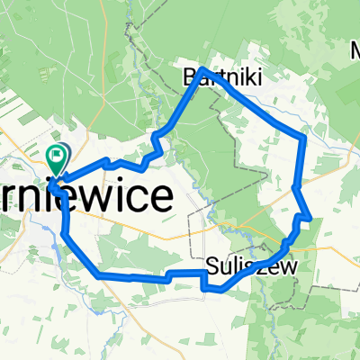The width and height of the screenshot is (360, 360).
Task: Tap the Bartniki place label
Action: (210, 78)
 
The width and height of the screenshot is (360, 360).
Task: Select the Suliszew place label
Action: (238, 266)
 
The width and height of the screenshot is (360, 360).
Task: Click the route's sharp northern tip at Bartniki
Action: (202, 69)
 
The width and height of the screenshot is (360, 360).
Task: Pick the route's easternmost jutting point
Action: (310, 217)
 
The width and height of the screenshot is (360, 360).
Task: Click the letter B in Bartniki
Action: (189, 78)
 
